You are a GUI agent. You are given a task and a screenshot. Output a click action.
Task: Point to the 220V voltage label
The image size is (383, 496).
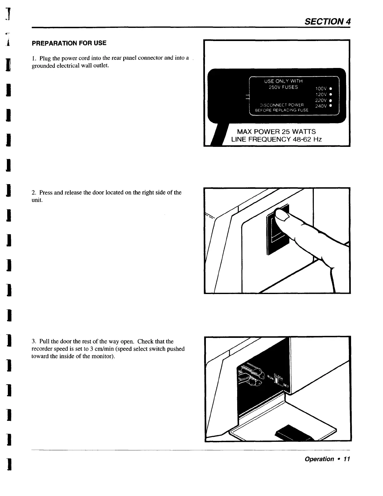(321, 100)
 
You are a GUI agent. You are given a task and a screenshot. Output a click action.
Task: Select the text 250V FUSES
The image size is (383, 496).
(283, 87)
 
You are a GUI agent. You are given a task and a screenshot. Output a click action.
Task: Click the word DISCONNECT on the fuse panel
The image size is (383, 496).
(271, 105)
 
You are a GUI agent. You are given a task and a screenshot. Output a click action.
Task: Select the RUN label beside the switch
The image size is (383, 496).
(268, 378)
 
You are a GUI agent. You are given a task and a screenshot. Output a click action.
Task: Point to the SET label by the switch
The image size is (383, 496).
(286, 387)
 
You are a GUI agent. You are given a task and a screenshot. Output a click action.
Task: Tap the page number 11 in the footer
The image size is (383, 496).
(346, 459)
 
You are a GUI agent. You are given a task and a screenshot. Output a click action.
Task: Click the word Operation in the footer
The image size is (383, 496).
(319, 459)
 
